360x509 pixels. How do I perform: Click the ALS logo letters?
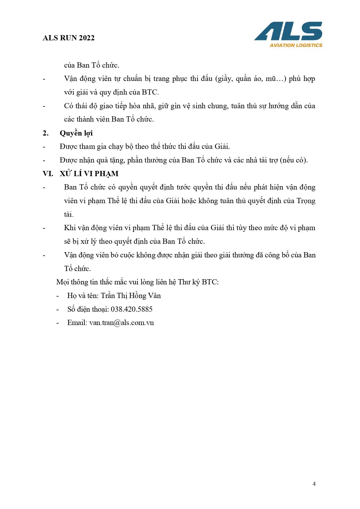(x=288, y=31)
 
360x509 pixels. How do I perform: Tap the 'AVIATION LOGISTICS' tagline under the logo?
(x=296, y=45)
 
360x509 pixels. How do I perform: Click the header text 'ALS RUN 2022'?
(x=68, y=38)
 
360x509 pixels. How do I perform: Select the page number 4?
(x=314, y=484)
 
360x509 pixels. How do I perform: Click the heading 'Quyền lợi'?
(x=76, y=133)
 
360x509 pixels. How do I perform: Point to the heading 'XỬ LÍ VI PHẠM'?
(x=89, y=174)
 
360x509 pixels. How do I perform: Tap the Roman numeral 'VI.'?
(x=48, y=174)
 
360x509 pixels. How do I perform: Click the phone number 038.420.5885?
(x=131, y=309)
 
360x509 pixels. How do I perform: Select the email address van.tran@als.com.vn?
(x=122, y=323)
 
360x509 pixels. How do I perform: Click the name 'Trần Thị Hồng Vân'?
(x=131, y=295)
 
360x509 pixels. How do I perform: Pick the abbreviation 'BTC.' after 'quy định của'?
(x=150, y=92)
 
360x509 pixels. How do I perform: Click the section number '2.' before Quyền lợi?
(x=46, y=133)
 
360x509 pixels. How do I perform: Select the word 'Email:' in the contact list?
(x=77, y=323)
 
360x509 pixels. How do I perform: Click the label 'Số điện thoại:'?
(x=88, y=309)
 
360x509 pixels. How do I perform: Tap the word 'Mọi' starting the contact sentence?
(x=62, y=282)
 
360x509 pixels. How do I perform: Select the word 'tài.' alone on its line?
(x=69, y=214)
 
